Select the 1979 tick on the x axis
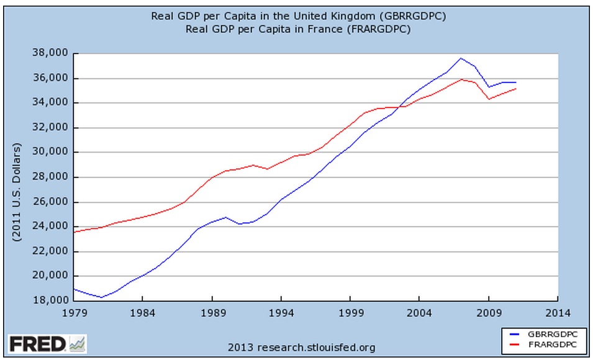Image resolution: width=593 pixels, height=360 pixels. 74,313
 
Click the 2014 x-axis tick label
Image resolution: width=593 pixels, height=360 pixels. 558,313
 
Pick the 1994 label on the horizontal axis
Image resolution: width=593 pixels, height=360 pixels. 281,313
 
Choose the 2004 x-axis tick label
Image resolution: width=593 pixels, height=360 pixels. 420,313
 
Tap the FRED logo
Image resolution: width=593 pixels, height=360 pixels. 37,343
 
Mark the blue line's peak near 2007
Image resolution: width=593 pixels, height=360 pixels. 460,58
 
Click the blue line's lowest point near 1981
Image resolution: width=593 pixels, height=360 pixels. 101,297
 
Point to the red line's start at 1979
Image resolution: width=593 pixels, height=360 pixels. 74,232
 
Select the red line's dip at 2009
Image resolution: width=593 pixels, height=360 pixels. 489,99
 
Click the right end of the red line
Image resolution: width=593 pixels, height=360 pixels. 516,89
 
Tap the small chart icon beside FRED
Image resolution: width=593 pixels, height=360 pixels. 78,343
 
